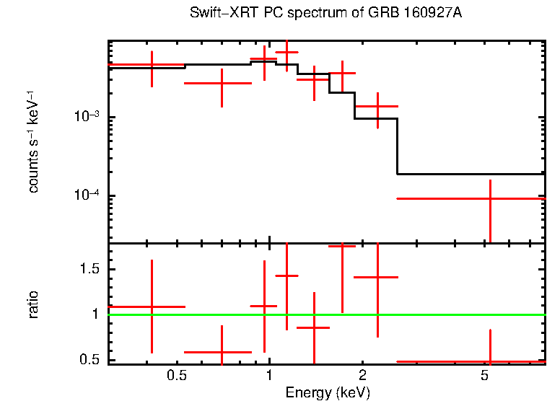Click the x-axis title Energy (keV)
tap(328, 392)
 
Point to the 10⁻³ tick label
tap(87, 118)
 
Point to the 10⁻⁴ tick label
tap(87, 196)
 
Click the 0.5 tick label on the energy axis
tap(176, 376)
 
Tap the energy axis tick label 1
tap(269, 376)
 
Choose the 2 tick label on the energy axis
tap(362, 376)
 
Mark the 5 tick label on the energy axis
tap(486, 376)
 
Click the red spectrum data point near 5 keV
tap(490, 198)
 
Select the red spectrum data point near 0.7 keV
tap(222, 83)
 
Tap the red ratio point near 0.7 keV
tap(222, 352)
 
